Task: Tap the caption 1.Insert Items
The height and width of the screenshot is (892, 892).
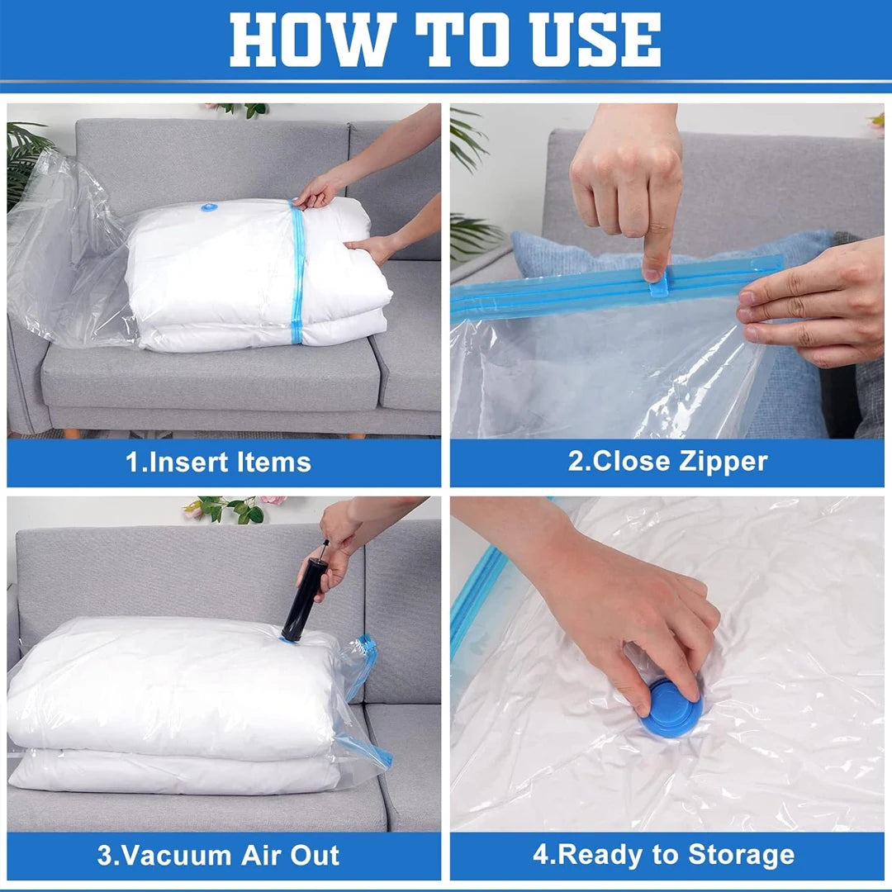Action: pos(218,462)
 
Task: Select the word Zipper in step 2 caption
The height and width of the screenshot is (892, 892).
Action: pos(724,462)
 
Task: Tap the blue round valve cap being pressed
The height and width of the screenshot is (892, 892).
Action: pos(671,709)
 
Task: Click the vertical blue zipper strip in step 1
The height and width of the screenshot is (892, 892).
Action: pos(297,273)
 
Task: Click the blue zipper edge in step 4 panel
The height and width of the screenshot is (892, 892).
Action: pos(476,595)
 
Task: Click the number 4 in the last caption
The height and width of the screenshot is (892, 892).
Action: pos(540,855)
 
